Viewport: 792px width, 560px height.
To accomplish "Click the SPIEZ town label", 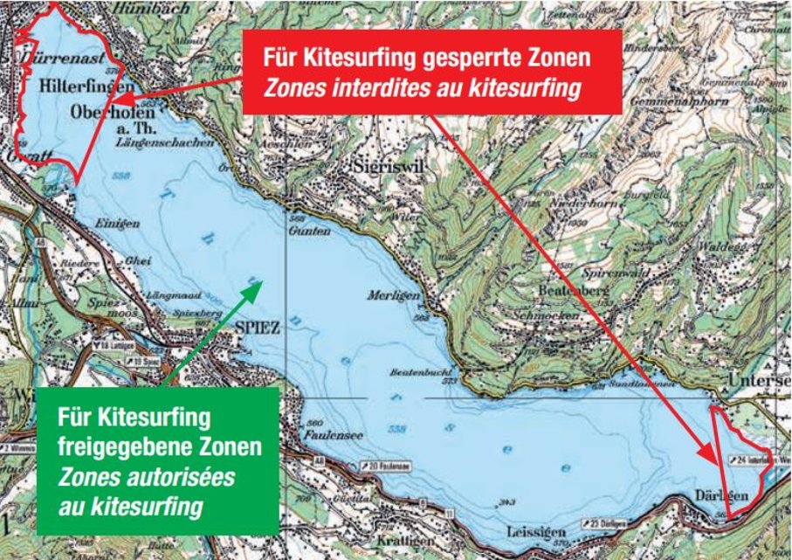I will click(x=258, y=327).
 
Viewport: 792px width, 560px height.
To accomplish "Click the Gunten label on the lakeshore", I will click(x=310, y=232).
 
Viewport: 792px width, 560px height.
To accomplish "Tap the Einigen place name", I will click(x=119, y=224).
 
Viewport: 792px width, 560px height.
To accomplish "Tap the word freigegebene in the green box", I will click(x=109, y=448).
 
